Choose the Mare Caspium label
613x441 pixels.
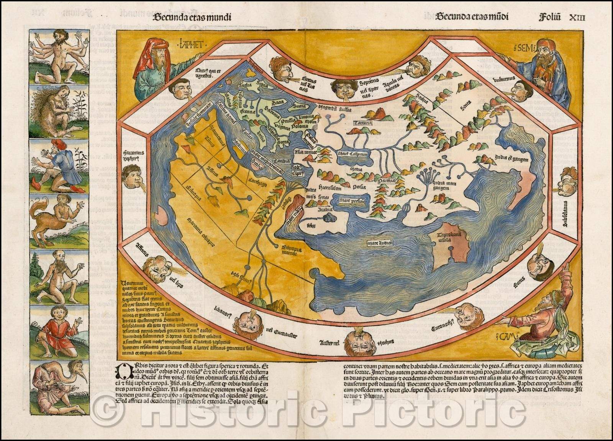coord(353,154)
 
